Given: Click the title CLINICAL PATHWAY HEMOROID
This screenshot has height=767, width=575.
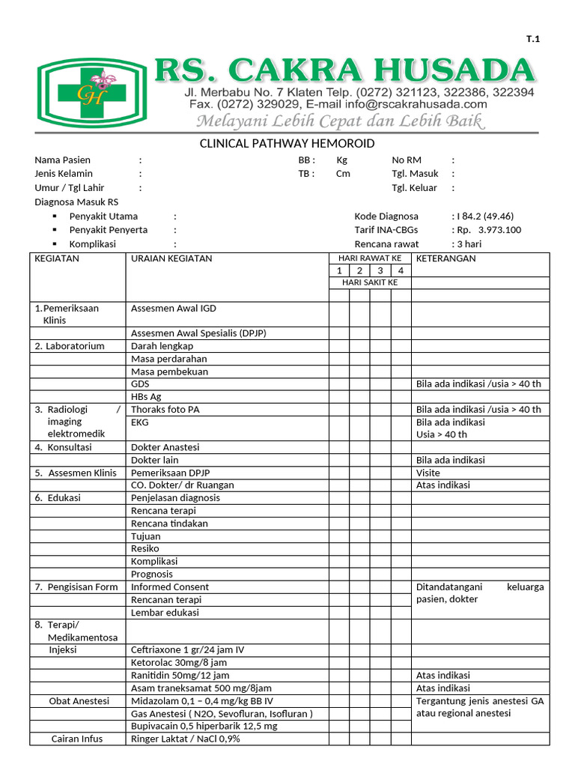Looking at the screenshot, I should pyautogui.click(x=287, y=144).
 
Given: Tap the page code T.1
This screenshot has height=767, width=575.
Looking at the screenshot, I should pyautogui.click(x=532, y=40).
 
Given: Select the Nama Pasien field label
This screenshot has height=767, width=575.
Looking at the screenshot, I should pyautogui.click(x=62, y=160).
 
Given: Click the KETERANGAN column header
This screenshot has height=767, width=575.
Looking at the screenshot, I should pyautogui.click(x=445, y=258).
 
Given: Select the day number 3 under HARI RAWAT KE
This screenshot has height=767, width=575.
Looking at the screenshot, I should pyautogui.click(x=380, y=270).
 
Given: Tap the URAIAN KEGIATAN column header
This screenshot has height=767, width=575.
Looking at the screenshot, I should pyautogui.click(x=171, y=258).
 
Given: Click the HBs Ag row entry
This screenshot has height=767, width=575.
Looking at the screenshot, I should pyautogui.click(x=146, y=397).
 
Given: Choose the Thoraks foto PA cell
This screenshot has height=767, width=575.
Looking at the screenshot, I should pyautogui.click(x=165, y=410).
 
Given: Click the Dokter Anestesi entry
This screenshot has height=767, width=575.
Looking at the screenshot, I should pyautogui.click(x=165, y=447).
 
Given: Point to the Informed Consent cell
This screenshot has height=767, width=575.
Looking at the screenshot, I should pyautogui.click(x=170, y=587).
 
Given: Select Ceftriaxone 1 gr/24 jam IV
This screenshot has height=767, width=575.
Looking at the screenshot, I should pyautogui.click(x=188, y=650).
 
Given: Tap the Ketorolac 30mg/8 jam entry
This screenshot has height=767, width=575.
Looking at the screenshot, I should pyautogui.click(x=179, y=663).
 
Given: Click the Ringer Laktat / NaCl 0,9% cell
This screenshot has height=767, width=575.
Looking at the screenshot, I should pyautogui.click(x=186, y=739).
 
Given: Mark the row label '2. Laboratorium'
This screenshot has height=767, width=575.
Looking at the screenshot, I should pyautogui.click(x=70, y=346).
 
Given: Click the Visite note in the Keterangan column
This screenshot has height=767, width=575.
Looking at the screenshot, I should pyautogui.click(x=428, y=473).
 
